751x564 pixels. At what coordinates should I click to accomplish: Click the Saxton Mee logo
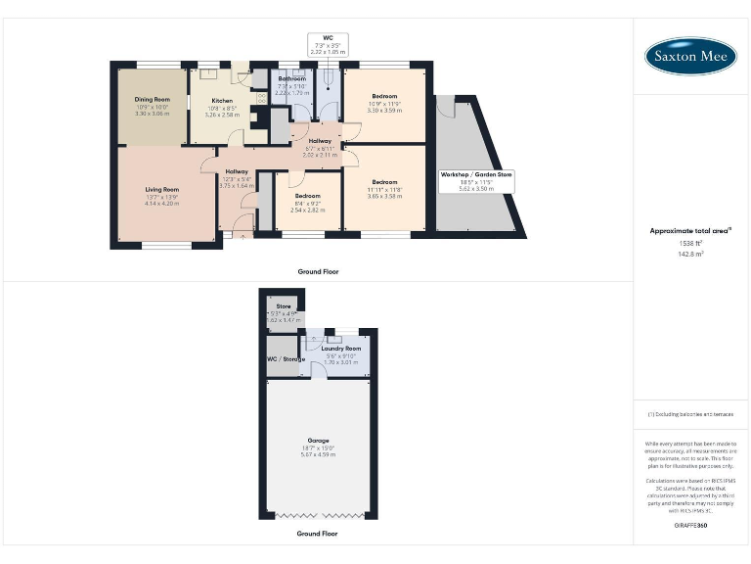tap(691, 57)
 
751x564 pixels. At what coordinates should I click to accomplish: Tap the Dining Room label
tap(153, 99)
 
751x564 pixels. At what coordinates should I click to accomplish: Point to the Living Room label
tap(162, 189)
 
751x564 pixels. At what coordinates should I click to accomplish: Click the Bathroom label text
tap(291, 79)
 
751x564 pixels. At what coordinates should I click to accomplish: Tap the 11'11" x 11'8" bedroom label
tap(384, 182)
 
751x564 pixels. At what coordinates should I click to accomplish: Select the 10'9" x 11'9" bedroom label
tap(384, 96)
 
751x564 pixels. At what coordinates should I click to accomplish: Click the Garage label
tap(319, 441)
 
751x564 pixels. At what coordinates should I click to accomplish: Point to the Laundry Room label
tap(341, 349)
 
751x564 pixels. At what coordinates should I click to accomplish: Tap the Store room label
tap(284, 306)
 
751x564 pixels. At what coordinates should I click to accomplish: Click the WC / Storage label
tap(287, 359)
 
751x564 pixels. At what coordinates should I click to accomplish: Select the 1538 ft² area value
tap(691, 243)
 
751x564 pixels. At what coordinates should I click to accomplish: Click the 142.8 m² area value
tap(691, 253)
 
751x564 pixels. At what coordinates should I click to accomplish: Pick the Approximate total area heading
tap(691, 231)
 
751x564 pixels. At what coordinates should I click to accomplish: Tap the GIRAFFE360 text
tap(691, 526)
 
